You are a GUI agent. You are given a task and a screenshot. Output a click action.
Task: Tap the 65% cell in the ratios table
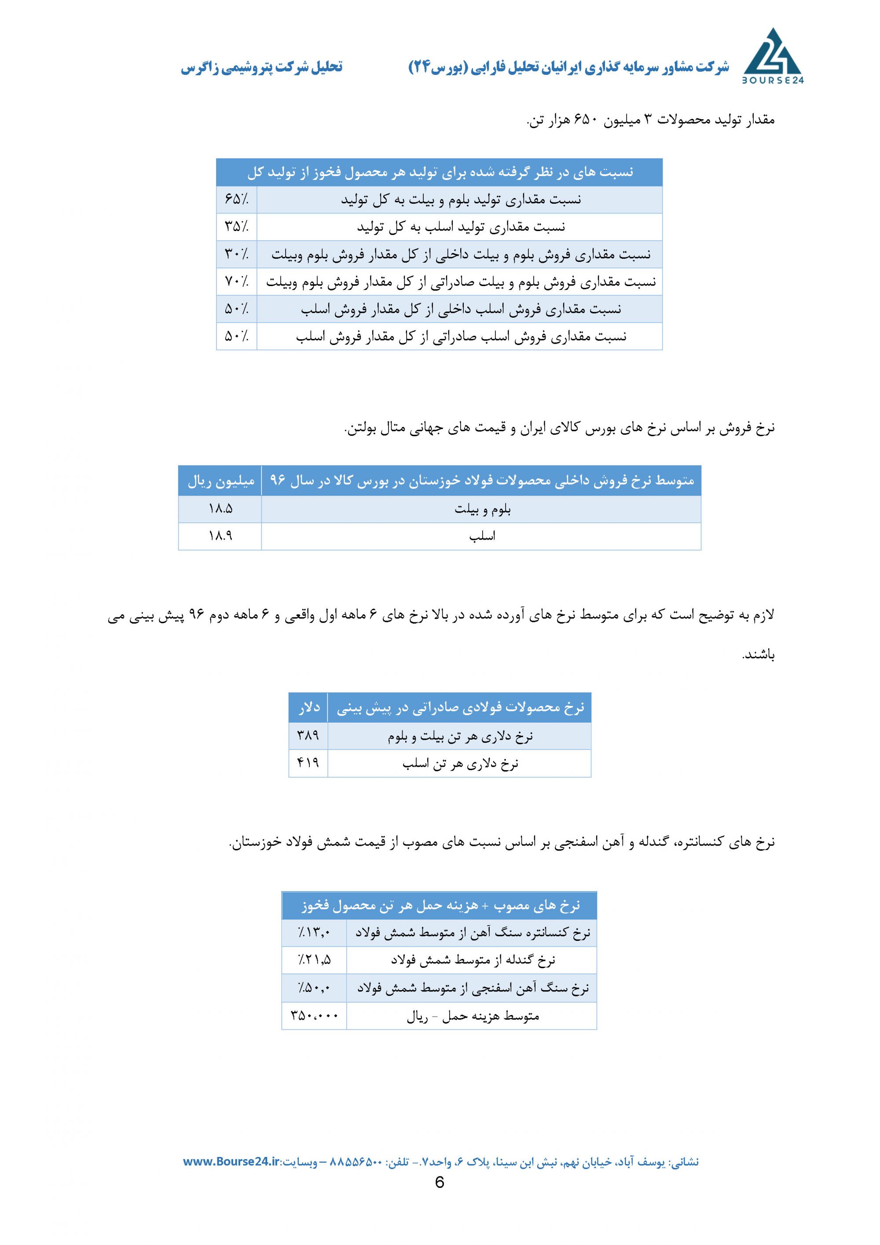pyautogui.click(x=236, y=199)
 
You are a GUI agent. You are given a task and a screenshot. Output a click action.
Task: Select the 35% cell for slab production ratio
pyautogui.click(x=236, y=227)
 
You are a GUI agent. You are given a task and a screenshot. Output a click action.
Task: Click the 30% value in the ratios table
pyautogui.click(x=236, y=254)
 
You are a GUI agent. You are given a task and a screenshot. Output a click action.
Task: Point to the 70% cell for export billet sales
pyautogui.click(x=236, y=281)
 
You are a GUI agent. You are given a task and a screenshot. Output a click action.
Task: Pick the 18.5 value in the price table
pyautogui.click(x=220, y=509)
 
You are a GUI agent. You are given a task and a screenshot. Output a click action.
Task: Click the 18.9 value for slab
pyautogui.click(x=220, y=536)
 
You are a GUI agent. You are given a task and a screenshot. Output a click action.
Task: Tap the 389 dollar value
pyautogui.click(x=308, y=736)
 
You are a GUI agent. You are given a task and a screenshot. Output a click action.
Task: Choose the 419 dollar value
pyautogui.click(x=308, y=763)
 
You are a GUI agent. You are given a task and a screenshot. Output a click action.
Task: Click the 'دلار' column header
pyautogui.click(x=308, y=708)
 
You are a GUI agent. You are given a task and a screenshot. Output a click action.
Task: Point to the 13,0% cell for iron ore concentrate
pyautogui.click(x=314, y=933)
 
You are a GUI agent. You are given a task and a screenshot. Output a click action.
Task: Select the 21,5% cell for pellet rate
pyautogui.click(x=314, y=960)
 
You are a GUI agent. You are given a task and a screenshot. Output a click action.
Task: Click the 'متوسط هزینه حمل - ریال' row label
pyautogui.click(x=472, y=1016)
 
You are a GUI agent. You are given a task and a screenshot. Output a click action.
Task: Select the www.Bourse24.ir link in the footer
pyautogui.click(x=231, y=1161)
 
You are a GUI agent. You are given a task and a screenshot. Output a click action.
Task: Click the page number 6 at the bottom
pyautogui.click(x=439, y=1183)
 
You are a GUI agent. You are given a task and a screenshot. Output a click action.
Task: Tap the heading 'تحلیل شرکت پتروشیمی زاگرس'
pyautogui.click(x=261, y=67)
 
